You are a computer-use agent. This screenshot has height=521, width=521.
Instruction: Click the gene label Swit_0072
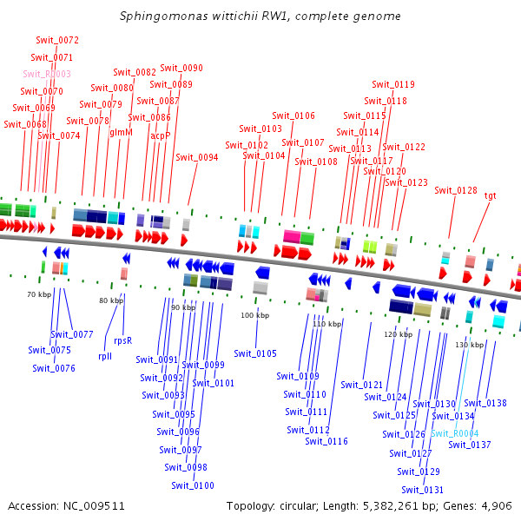pyautogui.click(x=57, y=40)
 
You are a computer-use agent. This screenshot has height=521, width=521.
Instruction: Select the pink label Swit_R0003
pyautogui.click(x=47, y=74)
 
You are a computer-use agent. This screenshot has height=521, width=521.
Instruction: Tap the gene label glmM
pyautogui.click(x=121, y=132)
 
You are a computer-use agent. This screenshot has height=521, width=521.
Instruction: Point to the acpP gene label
pyautogui.click(x=160, y=135)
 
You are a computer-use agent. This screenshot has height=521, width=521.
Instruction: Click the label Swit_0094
pyautogui.click(x=196, y=157)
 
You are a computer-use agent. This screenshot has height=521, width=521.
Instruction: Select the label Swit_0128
pyautogui.click(x=456, y=190)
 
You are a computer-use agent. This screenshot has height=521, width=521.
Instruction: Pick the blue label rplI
pyautogui.click(x=105, y=355)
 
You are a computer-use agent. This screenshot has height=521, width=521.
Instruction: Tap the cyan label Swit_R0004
pyautogui.click(x=454, y=433)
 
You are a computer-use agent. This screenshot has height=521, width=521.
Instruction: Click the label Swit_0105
pyautogui.click(x=255, y=353)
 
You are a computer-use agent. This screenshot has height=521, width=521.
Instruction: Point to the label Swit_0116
pyautogui.click(x=326, y=441)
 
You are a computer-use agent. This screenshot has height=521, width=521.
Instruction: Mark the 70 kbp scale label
pyautogui.click(x=39, y=295)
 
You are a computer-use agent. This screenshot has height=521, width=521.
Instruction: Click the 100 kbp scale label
pyautogui.click(x=254, y=314)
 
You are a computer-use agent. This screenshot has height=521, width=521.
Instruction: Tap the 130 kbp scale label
pyautogui.click(x=469, y=345)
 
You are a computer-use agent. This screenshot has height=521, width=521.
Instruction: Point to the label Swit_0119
pyautogui.click(x=393, y=84)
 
